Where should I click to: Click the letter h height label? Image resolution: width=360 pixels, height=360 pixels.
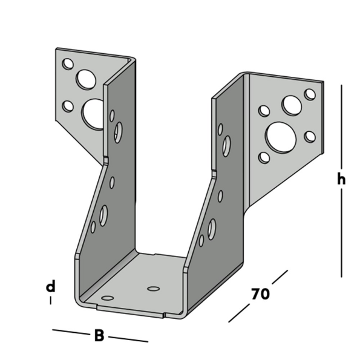[x=342, y=179]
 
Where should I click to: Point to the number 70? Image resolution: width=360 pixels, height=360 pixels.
[x=260, y=294]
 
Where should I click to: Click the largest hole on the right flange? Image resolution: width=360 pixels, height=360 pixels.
[x=280, y=136]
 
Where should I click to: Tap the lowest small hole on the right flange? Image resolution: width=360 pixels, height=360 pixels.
[x=264, y=158]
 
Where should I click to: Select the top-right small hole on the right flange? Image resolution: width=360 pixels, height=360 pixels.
[x=310, y=94]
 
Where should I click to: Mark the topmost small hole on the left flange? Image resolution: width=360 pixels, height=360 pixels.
[x=68, y=64]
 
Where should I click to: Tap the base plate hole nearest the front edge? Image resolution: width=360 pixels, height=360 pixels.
[x=108, y=298]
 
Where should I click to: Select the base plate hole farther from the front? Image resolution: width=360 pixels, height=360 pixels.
[x=154, y=288]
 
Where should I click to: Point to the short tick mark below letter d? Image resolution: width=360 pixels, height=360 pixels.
[x=51, y=300]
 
